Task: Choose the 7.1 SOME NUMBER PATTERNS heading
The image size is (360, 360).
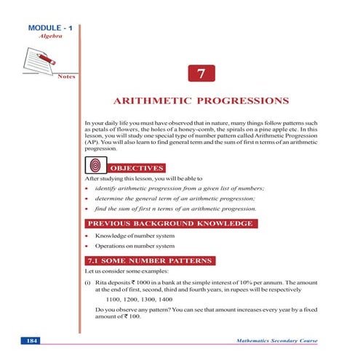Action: tap(149, 260)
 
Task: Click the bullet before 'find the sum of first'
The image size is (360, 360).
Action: tap(88, 209)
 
